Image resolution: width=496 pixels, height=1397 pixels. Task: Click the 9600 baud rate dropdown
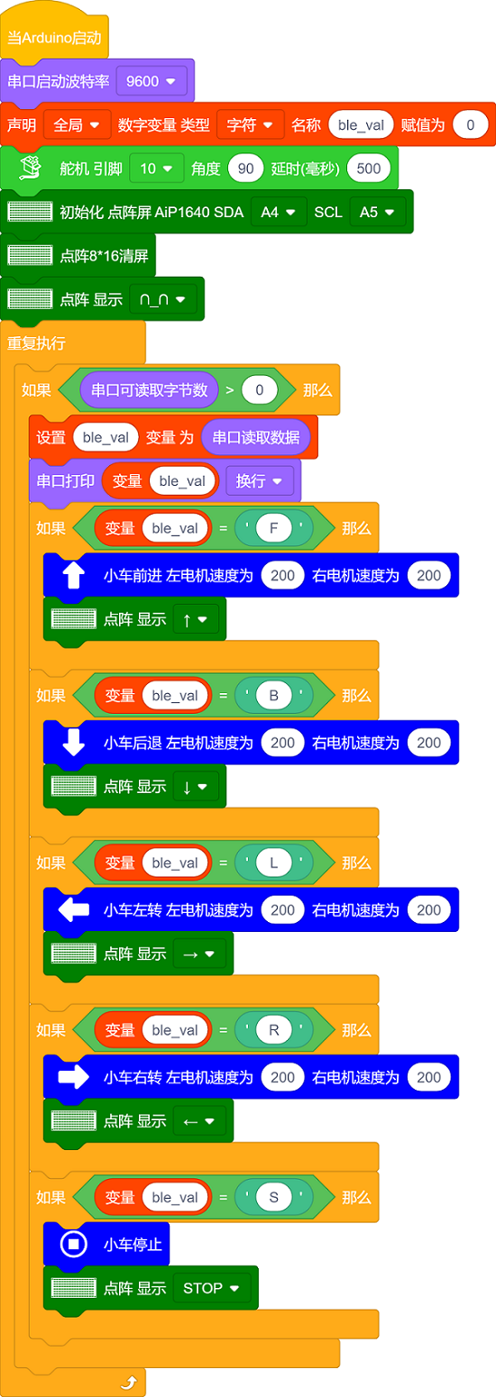(x=152, y=81)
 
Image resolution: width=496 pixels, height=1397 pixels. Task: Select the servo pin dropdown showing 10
(x=156, y=169)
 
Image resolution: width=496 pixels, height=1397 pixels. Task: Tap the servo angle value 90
(x=246, y=169)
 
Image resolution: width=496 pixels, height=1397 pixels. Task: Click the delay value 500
(x=369, y=169)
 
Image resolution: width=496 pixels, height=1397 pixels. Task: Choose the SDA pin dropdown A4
(x=279, y=212)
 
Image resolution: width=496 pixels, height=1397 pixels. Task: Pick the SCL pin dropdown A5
(x=378, y=212)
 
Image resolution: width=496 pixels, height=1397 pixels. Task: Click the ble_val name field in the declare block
(x=361, y=124)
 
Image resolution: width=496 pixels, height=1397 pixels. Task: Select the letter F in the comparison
(x=274, y=528)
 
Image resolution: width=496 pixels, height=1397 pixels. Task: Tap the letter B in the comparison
(x=274, y=696)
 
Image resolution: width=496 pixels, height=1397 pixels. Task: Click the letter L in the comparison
(x=274, y=863)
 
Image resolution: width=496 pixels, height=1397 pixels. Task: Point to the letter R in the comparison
(x=274, y=1029)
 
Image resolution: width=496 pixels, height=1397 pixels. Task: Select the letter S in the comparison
(x=274, y=1197)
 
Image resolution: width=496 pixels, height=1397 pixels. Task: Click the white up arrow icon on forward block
(x=74, y=575)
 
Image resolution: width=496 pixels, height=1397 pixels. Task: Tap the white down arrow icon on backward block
(x=74, y=742)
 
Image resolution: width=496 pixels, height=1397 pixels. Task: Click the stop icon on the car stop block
(x=74, y=1244)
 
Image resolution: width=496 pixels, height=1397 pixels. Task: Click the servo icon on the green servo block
(x=30, y=168)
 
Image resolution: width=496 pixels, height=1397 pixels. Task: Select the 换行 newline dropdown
(x=260, y=481)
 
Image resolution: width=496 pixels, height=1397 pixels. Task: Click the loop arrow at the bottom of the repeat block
(x=129, y=1382)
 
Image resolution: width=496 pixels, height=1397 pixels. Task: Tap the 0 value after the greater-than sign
(x=260, y=389)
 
